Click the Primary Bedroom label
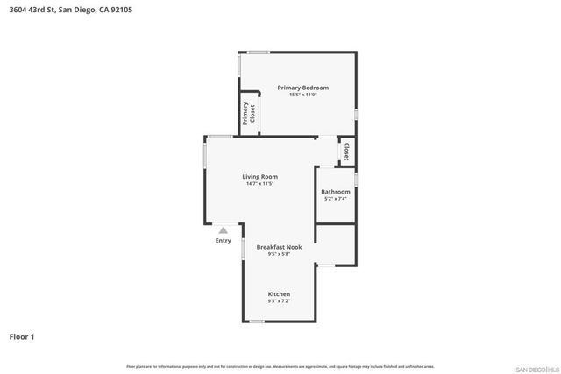pos(302,88)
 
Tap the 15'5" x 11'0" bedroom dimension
pos(302,95)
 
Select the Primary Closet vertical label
pos(248,114)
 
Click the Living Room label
pos(260,177)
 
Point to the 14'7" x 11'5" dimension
pos(260,184)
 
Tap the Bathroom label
pos(336,192)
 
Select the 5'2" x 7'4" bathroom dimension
pos(336,199)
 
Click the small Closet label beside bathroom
pos(346,151)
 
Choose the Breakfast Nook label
pos(279,248)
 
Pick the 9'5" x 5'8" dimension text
pos(279,255)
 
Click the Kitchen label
pos(279,293)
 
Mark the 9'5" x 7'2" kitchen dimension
pos(279,300)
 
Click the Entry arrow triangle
pos(223,230)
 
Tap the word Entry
pos(223,240)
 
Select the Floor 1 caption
pos(23,336)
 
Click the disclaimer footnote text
pos(280,366)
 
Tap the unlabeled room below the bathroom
pos(336,244)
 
